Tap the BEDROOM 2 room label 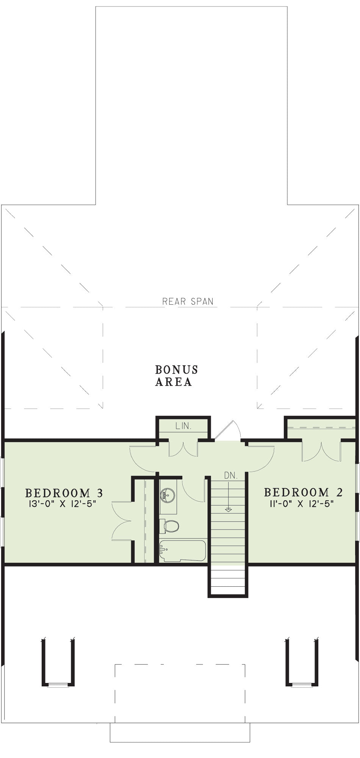[x=303, y=492]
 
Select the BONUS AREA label [x=177, y=376]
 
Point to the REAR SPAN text [x=188, y=301]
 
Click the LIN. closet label [x=183, y=426]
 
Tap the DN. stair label [x=231, y=475]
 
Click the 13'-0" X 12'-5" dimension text [x=63, y=504]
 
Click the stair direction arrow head [x=228, y=510]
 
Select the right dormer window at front [x=302, y=684]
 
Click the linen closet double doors [x=183, y=448]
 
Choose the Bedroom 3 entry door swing [x=143, y=459]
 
